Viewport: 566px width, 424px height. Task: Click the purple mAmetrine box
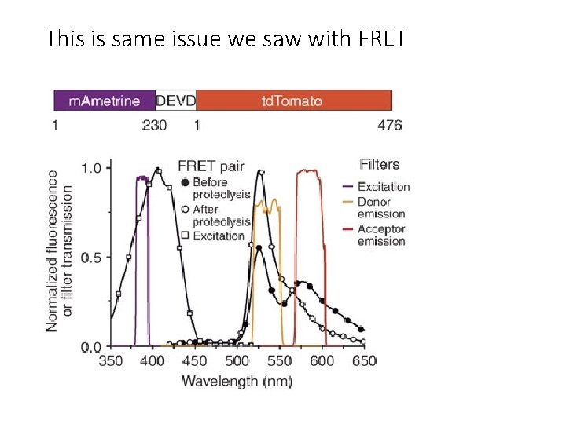click(105, 101)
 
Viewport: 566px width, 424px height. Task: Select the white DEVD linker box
click(176, 101)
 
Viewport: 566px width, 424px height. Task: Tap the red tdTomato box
click(292, 101)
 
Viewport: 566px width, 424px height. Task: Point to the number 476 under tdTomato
click(389, 125)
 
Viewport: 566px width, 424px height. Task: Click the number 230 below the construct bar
click(154, 125)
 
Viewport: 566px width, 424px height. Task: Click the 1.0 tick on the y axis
click(92, 167)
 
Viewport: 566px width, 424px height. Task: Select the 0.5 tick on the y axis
click(92, 257)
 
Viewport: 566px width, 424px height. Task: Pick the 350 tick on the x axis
click(111, 361)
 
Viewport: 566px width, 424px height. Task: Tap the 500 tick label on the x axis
click(237, 361)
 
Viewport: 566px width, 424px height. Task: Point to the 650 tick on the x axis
click(364, 361)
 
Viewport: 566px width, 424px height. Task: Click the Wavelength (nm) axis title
click(237, 381)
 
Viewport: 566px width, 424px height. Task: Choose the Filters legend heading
click(380, 164)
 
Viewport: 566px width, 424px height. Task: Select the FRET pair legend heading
click(211, 166)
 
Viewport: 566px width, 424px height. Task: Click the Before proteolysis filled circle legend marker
click(185, 182)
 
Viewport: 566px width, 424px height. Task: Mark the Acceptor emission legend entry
click(381, 235)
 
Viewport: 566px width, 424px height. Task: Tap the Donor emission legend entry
click(381, 207)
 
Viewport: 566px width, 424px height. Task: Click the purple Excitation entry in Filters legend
click(384, 187)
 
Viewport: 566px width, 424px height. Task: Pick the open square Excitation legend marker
click(185, 236)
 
